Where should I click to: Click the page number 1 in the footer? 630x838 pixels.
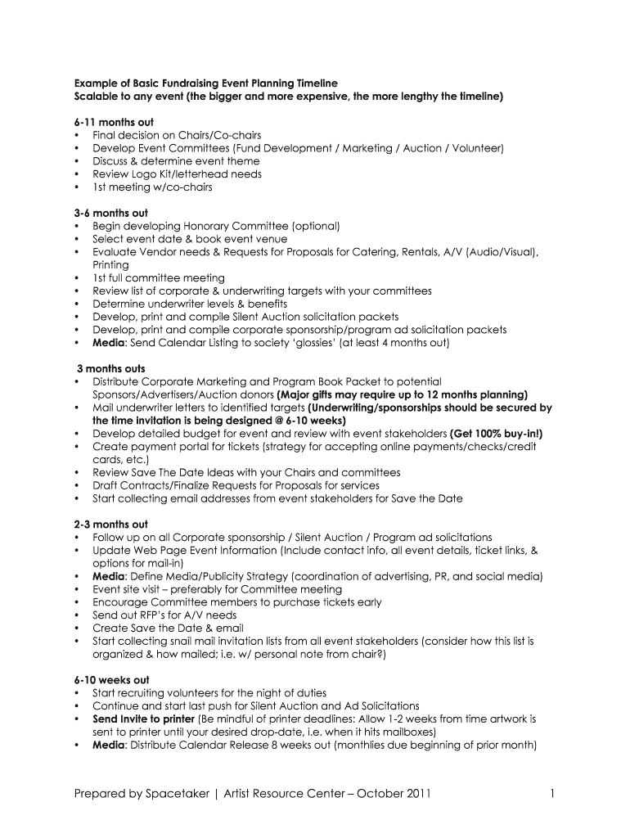pos(553,793)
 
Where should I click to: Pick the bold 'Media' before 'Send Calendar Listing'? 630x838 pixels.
pos(109,343)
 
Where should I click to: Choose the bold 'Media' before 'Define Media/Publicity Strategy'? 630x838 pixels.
pos(109,576)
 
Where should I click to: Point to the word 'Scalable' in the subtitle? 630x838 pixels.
pos(99,96)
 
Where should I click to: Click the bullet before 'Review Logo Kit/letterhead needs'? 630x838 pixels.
pos(77,174)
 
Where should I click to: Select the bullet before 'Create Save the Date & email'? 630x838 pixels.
pos(77,628)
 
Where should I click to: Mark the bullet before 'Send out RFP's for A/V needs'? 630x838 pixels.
pos(77,615)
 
